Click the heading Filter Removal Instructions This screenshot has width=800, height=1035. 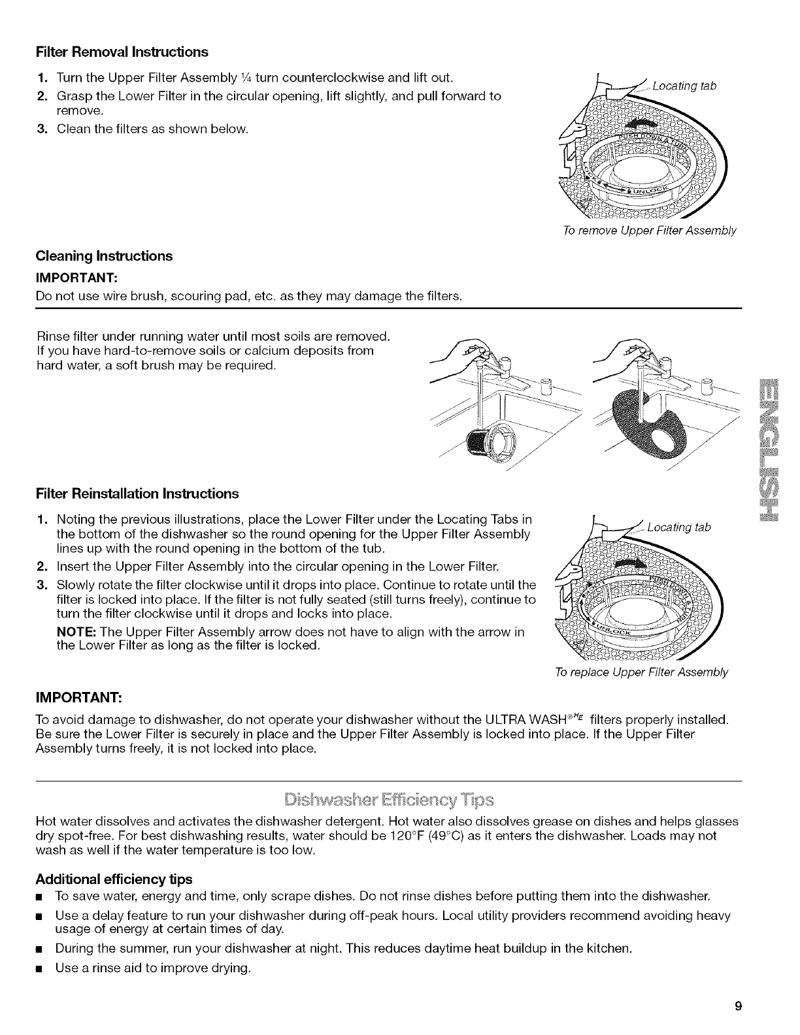pos(122,52)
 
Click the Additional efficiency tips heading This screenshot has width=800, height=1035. pos(114,878)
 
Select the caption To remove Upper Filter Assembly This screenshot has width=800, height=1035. pos(649,231)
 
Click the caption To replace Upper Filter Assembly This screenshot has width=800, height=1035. pos(641,672)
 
